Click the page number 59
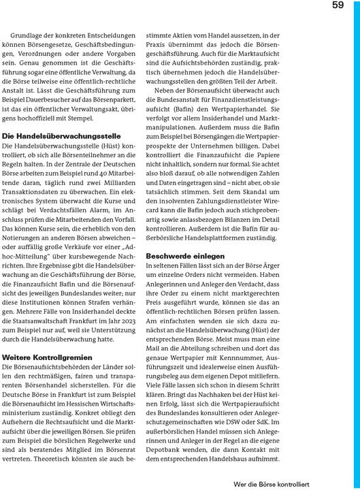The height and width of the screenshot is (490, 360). point(338,6)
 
